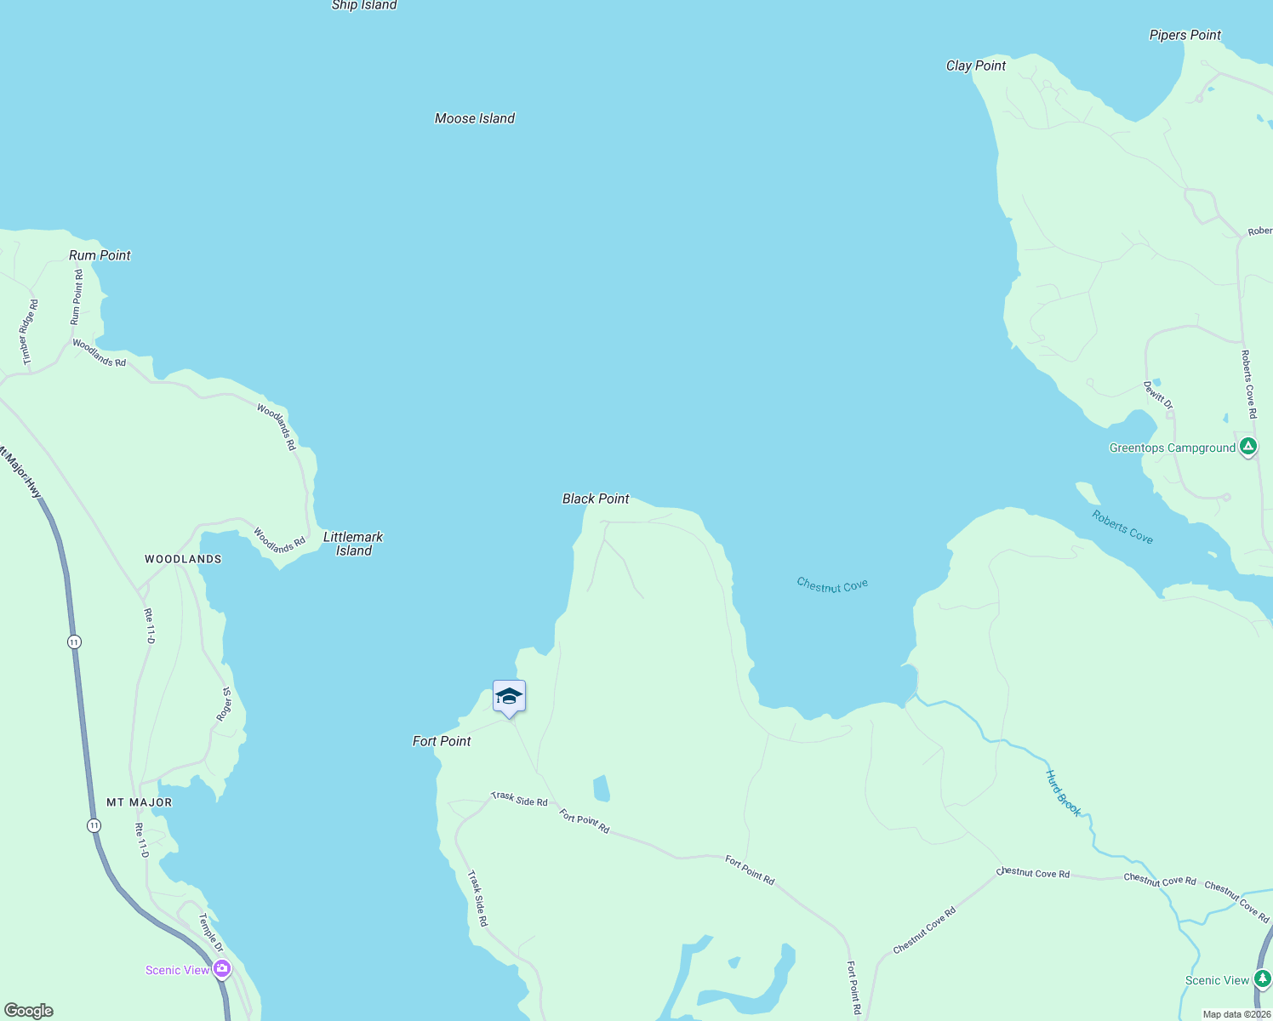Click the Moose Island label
pyautogui.click(x=475, y=118)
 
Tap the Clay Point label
pyautogui.click(x=976, y=66)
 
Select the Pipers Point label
pyautogui.click(x=1185, y=35)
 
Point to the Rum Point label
pyautogui.click(x=100, y=255)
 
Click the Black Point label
pyautogui.click(x=596, y=499)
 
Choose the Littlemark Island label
pyautogui.click(x=353, y=544)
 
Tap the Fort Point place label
pyautogui.click(x=442, y=741)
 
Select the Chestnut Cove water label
pyautogui.click(x=832, y=585)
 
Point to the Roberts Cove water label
pyautogui.click(x=1122, y=527)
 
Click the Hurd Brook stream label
pyautogui.click(x=1063, y=793)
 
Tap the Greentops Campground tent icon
pyautogui.click(x=1247, y=447)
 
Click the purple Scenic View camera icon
pyautogui.click(x=222, y=968)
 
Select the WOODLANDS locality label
pyautogui.click(x=183, y=559)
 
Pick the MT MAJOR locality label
pyautogui.click(x=140, y=802)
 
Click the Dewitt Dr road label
pyautogui.click(x=1158, y=396)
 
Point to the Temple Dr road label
pyautogui.click(x=211, y=933)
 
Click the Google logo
pyautogui.click(x=29, y=1011)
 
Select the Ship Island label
pyautogui.click(x=364, y=5)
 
